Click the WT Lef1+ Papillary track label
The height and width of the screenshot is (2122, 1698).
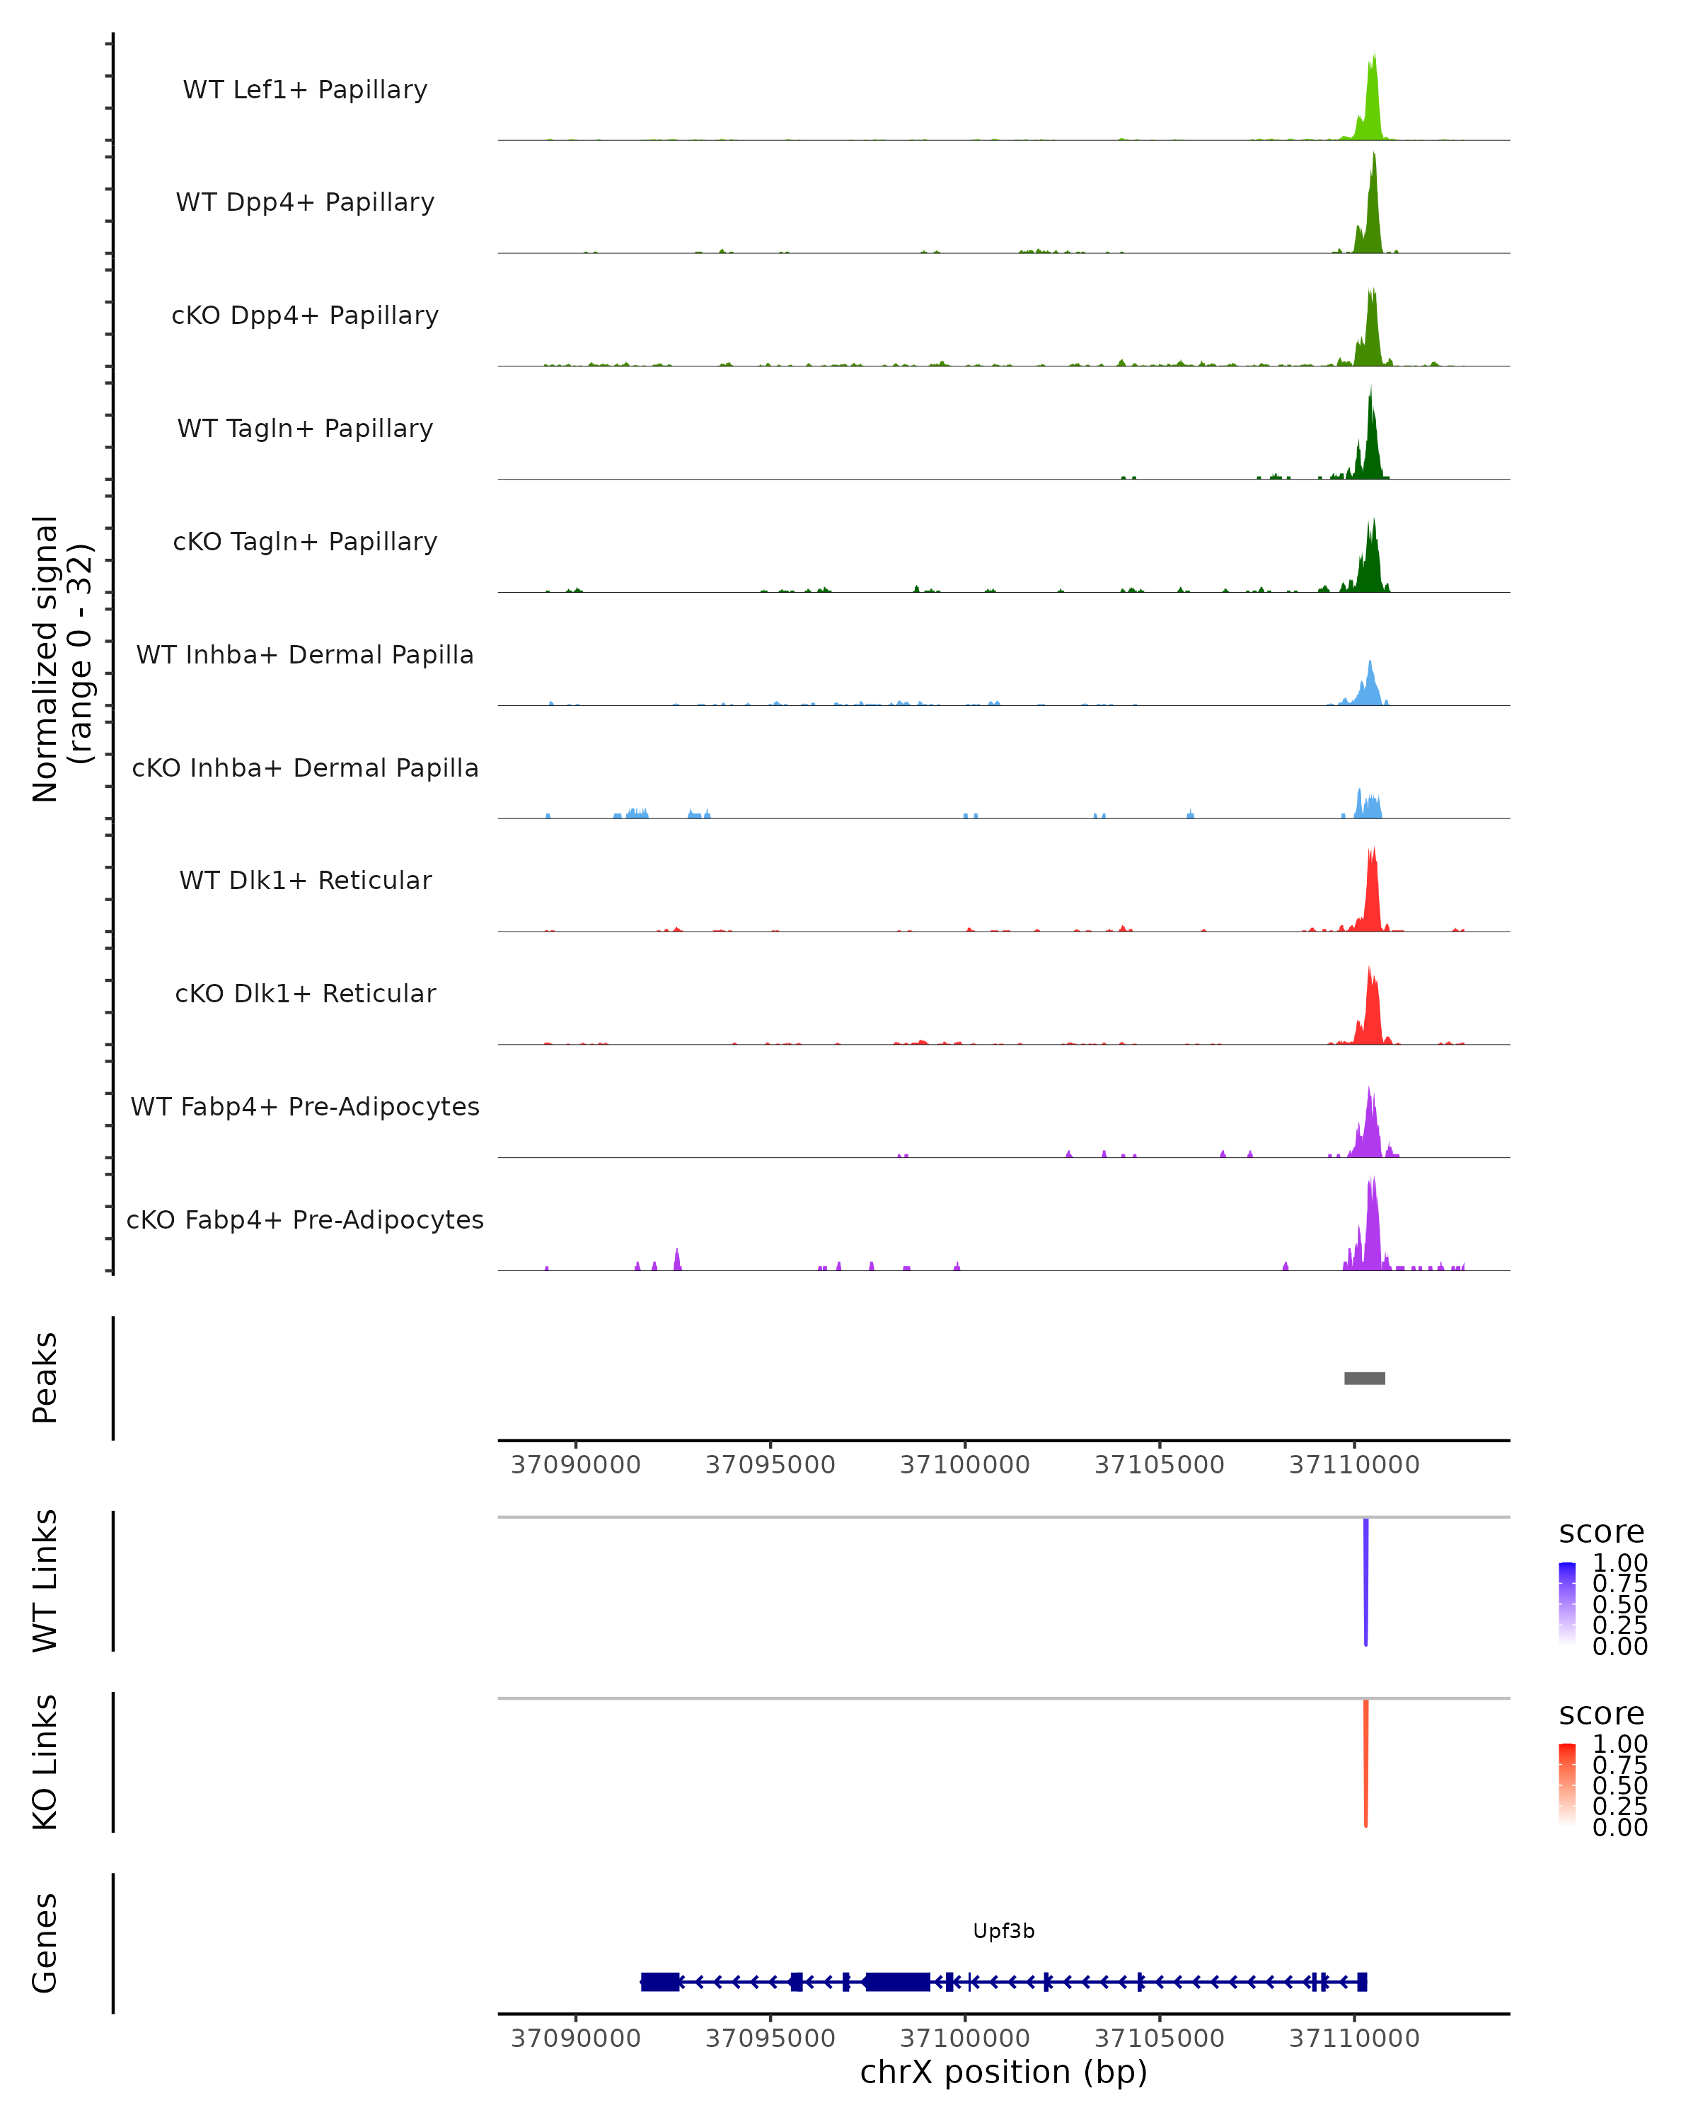[x=305, y=90]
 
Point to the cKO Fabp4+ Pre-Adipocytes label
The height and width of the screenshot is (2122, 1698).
[x=305, y=1219]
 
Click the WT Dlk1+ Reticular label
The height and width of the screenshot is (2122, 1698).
[x=305, y=881]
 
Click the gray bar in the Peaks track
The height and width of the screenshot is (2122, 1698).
[x=1364, y=1378]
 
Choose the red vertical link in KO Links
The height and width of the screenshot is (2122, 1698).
[x=1366, y=1762]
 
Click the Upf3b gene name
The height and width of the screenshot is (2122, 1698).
[x=1003, y=1931]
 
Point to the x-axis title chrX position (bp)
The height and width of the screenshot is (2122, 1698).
[x=1003, y=2072]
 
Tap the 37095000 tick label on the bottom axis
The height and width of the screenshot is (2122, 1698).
[x=770, y=2039]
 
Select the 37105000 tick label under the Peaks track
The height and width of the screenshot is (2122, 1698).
[x=1159, y=1465]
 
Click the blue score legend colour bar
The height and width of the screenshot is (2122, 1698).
[x=1567, y=1604]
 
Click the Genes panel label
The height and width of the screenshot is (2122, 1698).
[x=45, y=1943]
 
